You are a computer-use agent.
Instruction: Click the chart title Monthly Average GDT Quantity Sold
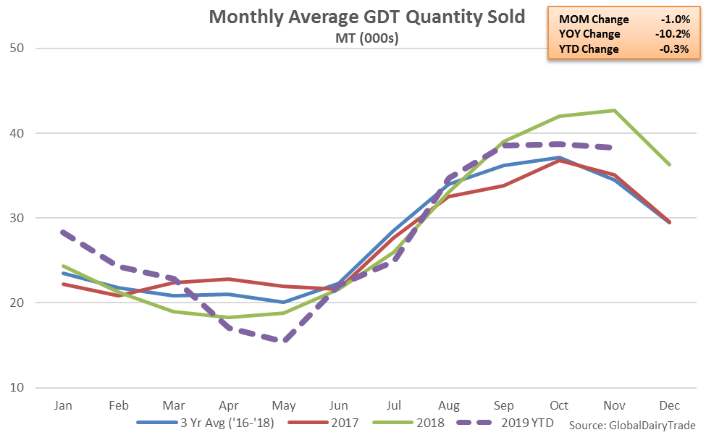click(x=366, y=17)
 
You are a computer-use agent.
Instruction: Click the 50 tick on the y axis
click(x=16, y=48)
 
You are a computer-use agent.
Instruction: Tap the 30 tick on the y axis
click(x=16, y=218)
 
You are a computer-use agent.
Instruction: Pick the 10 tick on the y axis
click(x=16, y=387)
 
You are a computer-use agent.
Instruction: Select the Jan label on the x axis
click(x=64, y=405)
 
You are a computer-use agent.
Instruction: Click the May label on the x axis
click(x=284, y=405)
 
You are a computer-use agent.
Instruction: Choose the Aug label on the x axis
click(x=449, y=405)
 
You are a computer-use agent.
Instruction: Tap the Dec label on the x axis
click(x=670, y=405)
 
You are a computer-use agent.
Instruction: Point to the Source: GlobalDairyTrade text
click(x=632, y=424)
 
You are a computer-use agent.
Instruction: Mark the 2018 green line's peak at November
click(x=615, y=110)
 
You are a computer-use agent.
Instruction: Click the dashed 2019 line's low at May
click(x=284, y=340)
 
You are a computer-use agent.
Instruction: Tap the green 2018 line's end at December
click(x=670, y=164)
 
